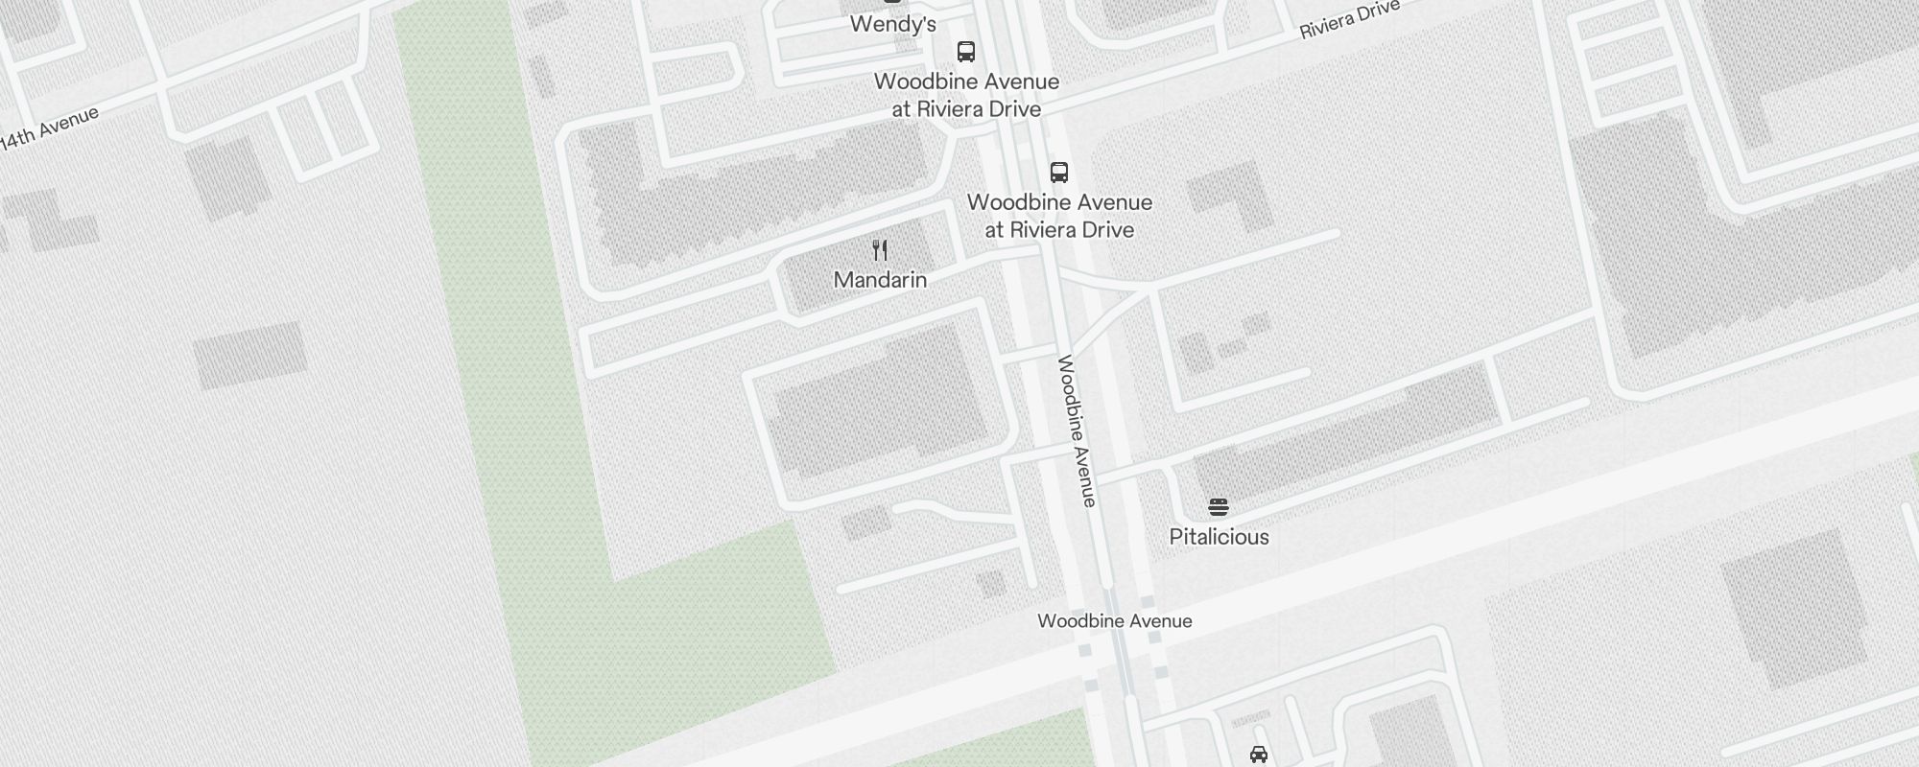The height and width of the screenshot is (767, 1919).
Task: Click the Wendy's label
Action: [892, 24]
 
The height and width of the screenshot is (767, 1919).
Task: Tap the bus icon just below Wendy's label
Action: [966, 52]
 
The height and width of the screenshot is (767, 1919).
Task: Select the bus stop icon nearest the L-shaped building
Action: [1059, 173]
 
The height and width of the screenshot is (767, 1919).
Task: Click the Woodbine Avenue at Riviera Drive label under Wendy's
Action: [966, 95]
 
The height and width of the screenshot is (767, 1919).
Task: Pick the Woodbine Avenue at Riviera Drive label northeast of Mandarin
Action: [1059, 216]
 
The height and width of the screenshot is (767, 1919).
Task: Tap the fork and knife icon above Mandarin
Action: [880, 250]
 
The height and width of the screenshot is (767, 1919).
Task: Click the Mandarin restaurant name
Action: [880, 280]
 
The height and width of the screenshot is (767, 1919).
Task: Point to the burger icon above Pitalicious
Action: [1219, 506]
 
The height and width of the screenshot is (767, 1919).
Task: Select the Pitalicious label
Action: [1219, 537]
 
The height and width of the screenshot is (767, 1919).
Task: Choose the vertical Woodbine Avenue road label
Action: [1077, 431]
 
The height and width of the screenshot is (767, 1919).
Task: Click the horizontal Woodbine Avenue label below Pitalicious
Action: [1115, 621]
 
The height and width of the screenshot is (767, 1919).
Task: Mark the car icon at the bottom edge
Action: [1259, 755]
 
